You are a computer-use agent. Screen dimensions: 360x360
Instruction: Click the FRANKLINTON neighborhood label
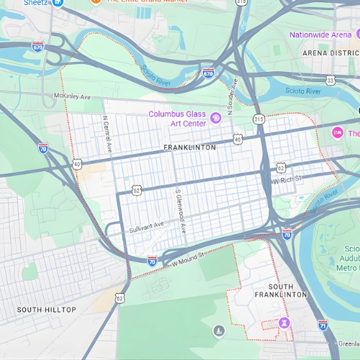pos(189,148)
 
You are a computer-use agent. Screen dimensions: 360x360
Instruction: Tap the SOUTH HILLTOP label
pos(47,310)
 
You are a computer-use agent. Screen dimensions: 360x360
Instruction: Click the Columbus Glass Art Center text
pos(177,119)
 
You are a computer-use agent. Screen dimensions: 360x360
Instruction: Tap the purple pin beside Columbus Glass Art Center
pos(215,118)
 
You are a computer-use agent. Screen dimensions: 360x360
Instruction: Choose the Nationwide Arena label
pos(320,35)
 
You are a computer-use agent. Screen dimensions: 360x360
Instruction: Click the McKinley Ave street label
pos(72,96)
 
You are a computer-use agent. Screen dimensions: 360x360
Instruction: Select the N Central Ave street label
pos(107,134)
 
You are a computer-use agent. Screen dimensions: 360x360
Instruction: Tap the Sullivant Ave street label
pos(147,228)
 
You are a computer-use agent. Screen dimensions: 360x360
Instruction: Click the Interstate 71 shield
pos(323,325)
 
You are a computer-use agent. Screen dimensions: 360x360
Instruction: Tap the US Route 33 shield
pos(330,80)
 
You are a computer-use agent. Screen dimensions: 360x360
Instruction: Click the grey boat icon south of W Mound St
pos(219,330)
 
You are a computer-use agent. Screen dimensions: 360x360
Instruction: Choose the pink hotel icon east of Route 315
pos(336,133)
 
